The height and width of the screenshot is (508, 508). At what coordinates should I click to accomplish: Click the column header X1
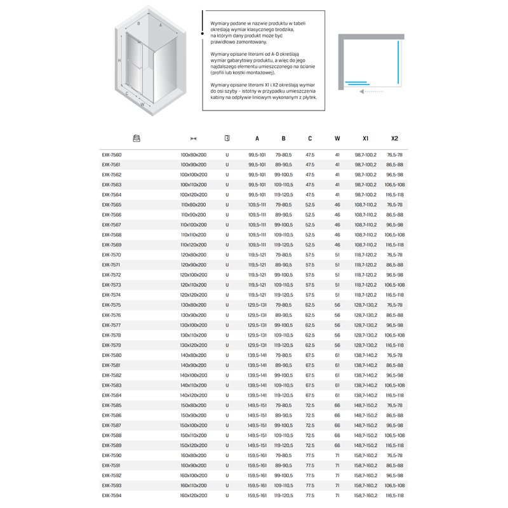366,138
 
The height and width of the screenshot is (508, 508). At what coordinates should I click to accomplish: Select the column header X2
394,138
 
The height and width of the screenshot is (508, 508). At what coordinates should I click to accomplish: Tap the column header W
337,138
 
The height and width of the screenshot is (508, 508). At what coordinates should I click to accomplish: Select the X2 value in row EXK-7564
394,195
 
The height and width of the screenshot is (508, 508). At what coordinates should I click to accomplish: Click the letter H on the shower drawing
119,60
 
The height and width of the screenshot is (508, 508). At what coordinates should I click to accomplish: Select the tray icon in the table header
135,138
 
